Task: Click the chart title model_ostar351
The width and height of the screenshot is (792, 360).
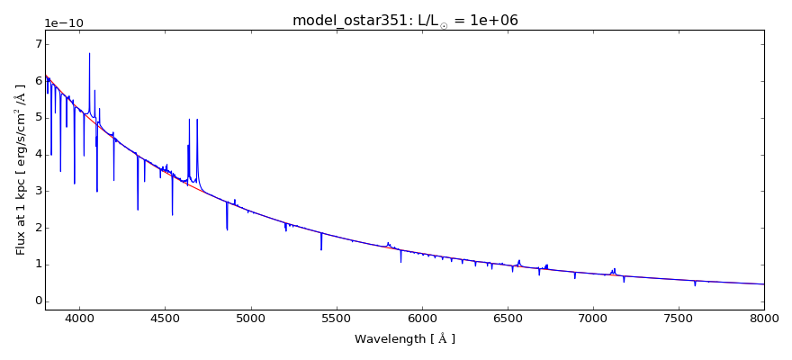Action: [405, 21]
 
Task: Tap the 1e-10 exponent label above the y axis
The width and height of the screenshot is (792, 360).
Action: [63, 22]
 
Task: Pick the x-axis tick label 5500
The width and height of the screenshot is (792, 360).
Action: [336, 318]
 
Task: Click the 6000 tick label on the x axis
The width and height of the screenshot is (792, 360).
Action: [422, 318]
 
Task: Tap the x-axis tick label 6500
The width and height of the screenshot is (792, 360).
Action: [508, 318]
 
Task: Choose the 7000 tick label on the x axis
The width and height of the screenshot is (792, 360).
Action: [593, 318]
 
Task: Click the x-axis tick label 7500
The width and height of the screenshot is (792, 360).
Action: [679, 318]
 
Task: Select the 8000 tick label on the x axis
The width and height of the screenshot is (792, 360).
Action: [764, 318]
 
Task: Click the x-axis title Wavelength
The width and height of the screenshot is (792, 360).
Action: [405, 339]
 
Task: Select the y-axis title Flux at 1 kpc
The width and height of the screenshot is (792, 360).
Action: [21, 169]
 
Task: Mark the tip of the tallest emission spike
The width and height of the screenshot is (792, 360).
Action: [89, 53]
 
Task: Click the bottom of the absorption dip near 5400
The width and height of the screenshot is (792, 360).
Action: [321, 249]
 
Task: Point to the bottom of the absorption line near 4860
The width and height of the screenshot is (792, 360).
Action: [227, 229]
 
